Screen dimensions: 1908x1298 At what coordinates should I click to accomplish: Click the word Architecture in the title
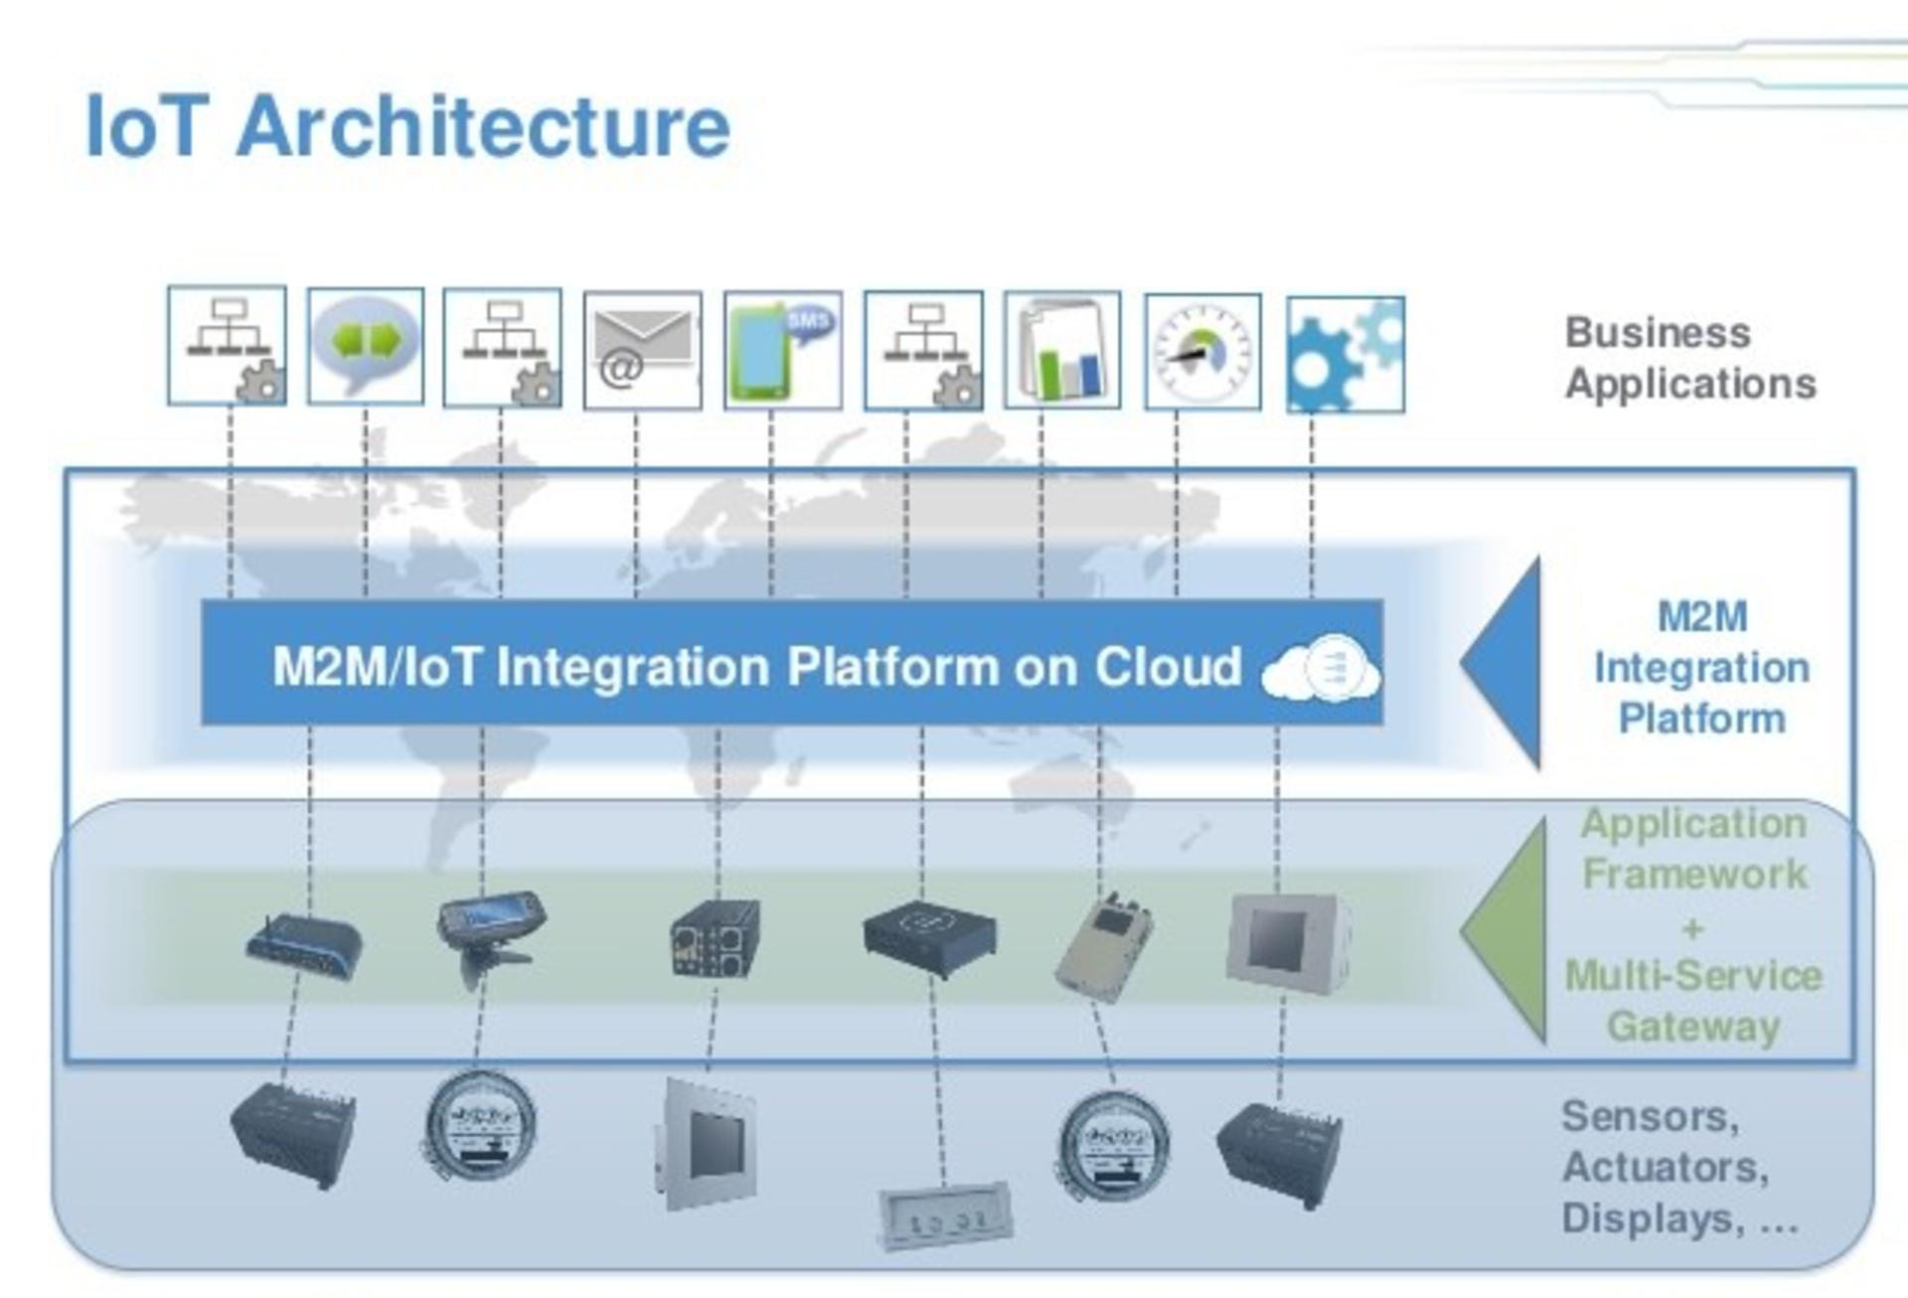483,126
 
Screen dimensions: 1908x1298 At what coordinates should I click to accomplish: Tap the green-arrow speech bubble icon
366,346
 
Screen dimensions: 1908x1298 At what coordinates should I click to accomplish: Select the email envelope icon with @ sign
642,350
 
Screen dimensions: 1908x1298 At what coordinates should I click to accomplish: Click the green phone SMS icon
783,350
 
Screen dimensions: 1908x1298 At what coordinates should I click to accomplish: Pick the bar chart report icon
1062,350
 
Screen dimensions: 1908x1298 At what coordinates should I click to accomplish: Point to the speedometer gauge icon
1202,352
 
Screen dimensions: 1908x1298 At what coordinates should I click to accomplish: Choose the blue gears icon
1346,354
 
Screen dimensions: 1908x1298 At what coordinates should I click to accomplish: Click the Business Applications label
1690,358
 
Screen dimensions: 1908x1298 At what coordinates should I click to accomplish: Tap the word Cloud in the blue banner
1168,666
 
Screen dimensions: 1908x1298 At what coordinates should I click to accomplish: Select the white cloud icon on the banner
1321,667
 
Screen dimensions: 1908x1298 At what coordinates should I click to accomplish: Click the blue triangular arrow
1502,663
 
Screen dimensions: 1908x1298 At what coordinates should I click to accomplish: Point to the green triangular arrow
1505,931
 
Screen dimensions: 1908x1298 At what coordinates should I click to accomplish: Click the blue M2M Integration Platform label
1701,667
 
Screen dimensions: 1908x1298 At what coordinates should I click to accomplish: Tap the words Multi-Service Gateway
1693,1001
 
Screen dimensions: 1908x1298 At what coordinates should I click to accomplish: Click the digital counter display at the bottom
944,1216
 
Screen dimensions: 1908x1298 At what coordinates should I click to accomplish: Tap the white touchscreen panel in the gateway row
1287,942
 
